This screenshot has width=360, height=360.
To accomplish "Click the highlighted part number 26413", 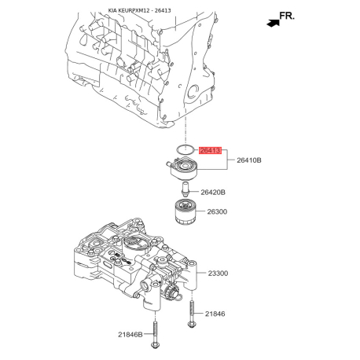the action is click(x=210, y=151).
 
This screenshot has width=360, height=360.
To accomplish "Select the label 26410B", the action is click(x=249, y=160).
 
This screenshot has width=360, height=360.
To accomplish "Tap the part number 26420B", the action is click(x=213, y=193).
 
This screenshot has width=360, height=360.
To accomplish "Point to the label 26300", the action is click(x=217, y=211).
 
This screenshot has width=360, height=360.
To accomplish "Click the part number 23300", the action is click(x=218, y=274).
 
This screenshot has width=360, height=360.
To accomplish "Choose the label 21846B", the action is click(x=130, y=334).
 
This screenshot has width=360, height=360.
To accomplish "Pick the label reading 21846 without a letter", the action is click(x=215, y=314).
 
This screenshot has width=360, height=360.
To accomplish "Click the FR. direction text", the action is click(x=287, y=16).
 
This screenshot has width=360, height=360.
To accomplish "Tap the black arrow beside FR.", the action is click(x=273, y=23).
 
